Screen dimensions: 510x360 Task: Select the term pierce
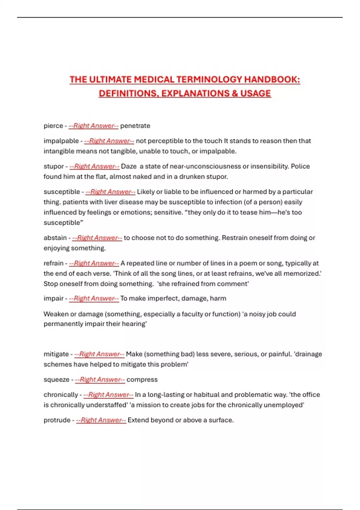point(53,126)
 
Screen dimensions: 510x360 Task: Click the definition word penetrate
point(135,126)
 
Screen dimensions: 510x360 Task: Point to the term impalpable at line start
point(61,141)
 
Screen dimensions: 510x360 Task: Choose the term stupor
point(53,166)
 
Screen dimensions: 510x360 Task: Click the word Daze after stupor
point(129,166)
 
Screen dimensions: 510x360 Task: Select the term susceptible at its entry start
point(61,192)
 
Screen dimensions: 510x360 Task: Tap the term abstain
point(55,238)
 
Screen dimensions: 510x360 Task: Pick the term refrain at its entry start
point(53,263)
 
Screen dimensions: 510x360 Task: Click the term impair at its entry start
point(53,298)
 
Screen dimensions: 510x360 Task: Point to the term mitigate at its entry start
point(56,354)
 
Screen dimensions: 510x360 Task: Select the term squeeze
point(56,379)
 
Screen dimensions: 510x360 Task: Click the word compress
point(142,379)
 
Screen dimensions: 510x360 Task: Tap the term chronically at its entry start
point(61,395)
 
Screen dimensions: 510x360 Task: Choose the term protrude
point(57,420)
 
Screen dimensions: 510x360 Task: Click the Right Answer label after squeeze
point(100,379)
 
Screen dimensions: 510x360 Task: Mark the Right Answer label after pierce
point(93,126)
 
